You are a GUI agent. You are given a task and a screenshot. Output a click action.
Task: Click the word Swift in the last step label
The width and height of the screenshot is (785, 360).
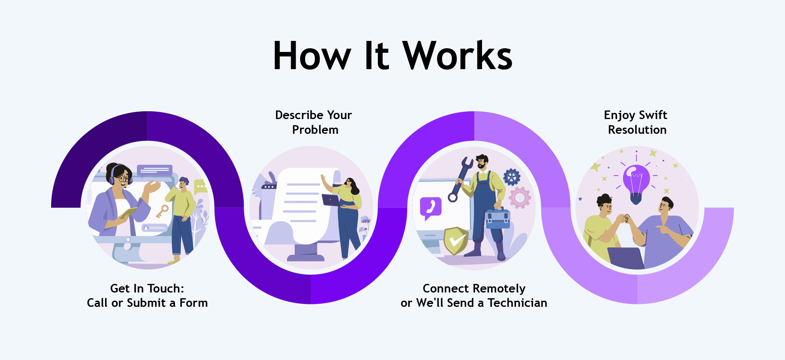(x=653, y=115)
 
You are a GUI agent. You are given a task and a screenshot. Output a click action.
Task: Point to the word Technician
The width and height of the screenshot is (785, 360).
(x=517, y=303)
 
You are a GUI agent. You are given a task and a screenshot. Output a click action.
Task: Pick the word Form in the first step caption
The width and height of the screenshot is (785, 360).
(x=194, y=303)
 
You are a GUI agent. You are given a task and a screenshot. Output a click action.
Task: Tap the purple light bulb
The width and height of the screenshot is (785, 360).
(x=636, y=183)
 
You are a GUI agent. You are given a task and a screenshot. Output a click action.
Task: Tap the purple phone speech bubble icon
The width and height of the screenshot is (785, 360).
(x=431, y=208)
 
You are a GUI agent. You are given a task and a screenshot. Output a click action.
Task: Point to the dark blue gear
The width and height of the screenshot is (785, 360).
(x=512, y=178)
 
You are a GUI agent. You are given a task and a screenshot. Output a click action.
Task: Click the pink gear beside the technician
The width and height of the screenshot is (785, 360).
(x=520, y=198)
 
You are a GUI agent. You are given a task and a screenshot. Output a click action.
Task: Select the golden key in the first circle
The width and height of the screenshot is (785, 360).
(x=161, y=211)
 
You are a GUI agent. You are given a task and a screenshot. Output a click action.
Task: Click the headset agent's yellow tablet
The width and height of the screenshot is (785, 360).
(x=128, y=213)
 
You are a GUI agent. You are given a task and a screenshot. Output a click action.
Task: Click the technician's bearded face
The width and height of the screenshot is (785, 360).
(x=482, y=163)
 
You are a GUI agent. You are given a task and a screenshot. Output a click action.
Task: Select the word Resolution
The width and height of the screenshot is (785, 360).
(x=637, y=130)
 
